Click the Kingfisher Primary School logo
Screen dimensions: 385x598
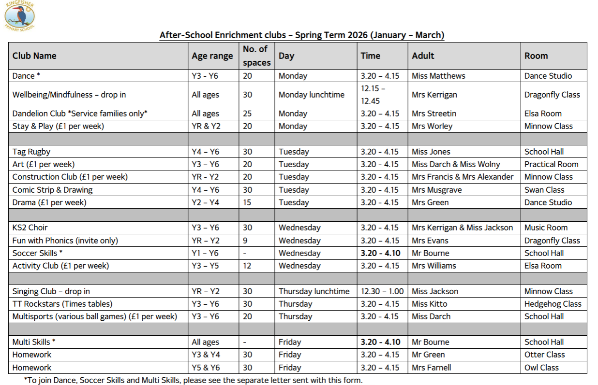(20, 15)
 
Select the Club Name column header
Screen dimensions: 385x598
(34, 56)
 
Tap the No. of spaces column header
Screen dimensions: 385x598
(256, 56)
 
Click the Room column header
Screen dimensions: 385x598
(536, 56)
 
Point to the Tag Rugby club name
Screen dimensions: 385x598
(31, 152)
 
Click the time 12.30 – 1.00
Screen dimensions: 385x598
(383, 291)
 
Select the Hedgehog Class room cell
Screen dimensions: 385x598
(553, 304)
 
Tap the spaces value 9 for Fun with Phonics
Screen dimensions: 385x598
(245, 241)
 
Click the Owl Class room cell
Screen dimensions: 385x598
(541, 368)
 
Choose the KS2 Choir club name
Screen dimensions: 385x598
(30, 228)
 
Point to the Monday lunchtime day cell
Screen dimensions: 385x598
(311, 95)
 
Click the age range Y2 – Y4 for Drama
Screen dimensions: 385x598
(205, 202)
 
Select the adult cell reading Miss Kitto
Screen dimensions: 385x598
(429, 304)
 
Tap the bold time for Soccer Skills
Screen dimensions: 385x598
(380, 253)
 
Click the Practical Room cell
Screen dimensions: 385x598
(551, 164)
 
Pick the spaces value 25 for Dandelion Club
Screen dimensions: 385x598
(247, 114)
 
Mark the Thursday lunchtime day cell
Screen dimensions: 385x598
(314, 291)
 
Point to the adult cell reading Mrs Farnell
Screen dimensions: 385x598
(431, 368)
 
